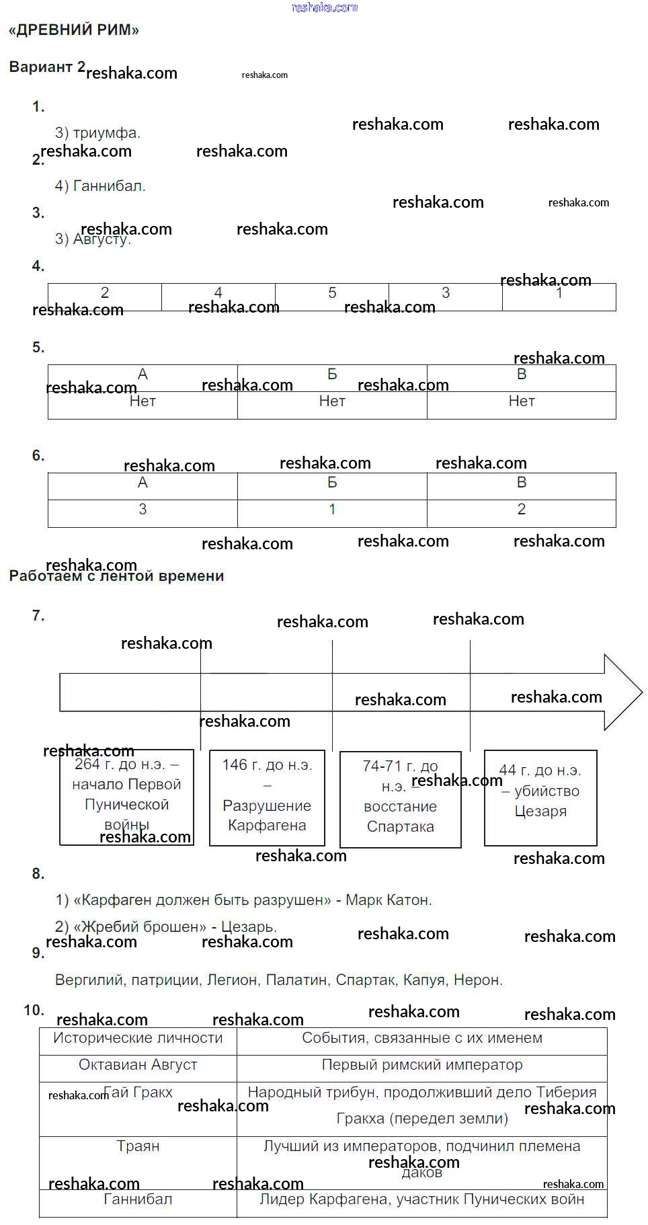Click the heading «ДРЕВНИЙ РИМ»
click(x=74, y=30)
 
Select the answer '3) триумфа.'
click(x=97, y=132)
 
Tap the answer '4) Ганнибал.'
click(x=100, y=186)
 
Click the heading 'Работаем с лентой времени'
click(x=116, y=576)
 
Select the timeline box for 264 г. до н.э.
click(x=126, y=797)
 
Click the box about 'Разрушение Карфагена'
click(x=267, y=797)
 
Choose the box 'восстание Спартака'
click(x=400, y=799)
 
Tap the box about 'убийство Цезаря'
click(x=540, y=797)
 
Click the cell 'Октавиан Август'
click(x=138, y=1064)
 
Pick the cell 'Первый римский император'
click(x=422, y=1064)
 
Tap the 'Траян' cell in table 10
click(x=138, y=1146)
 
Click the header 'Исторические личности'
click(x=138, y=1037)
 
